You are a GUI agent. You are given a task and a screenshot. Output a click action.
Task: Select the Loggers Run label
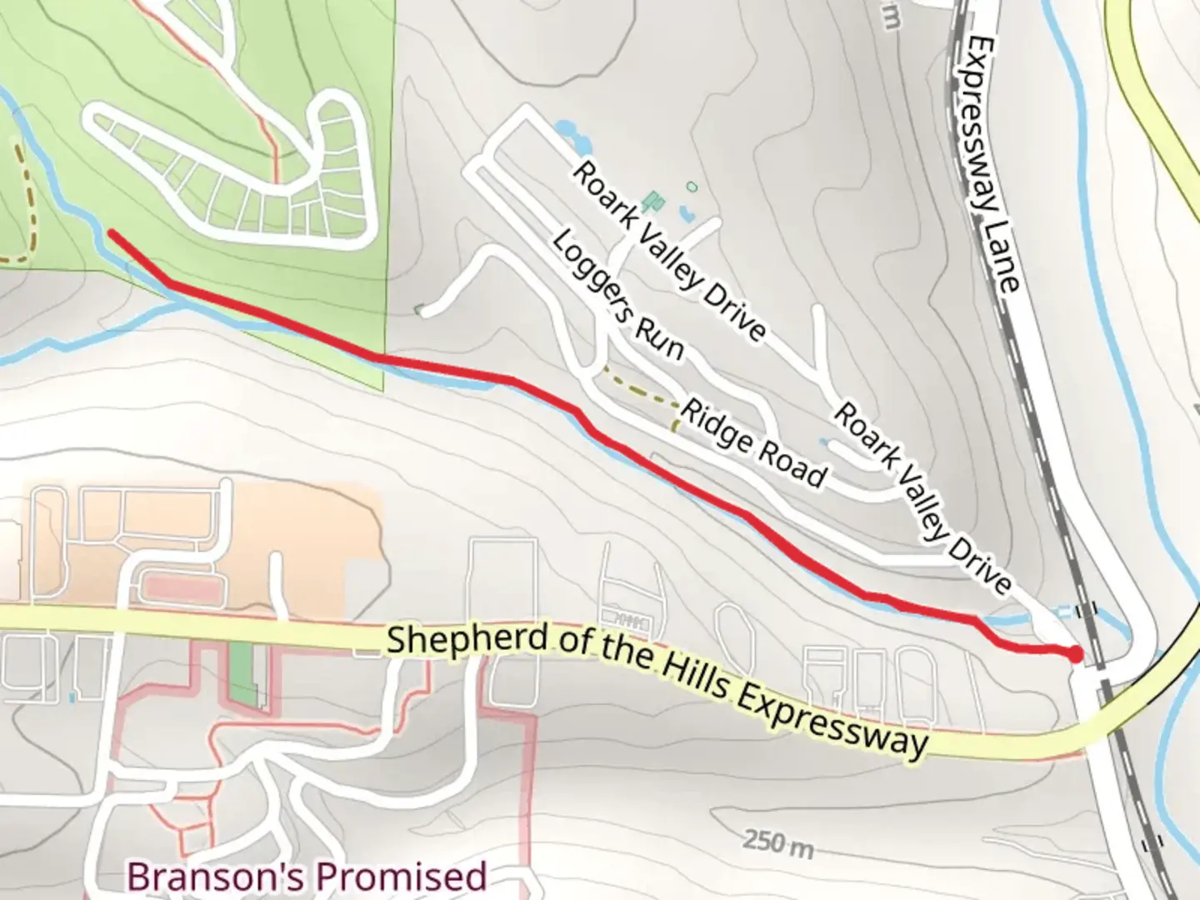point(617,297)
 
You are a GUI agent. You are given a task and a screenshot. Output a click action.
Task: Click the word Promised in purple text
point(402,877)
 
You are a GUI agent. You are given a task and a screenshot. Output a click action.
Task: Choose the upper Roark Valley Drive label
point(667,251)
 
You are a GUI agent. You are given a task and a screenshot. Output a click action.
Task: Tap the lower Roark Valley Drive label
point(922,497)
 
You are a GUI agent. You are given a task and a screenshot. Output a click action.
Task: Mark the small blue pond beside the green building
point(687,213)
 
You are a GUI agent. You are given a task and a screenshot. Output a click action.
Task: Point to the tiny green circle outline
point(691,187)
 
